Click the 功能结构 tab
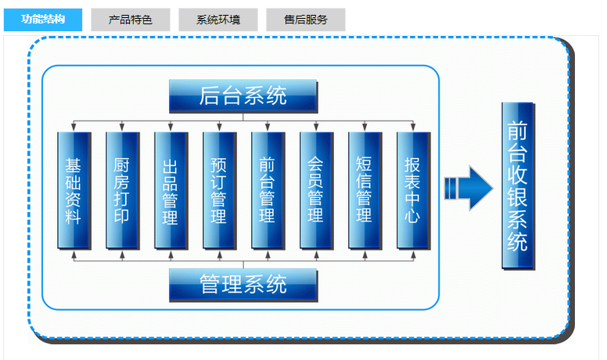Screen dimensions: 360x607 click(x=43, y=20)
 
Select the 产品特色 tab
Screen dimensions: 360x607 click(x=130, y=20)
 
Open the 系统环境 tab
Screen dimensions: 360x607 click(x=217, y=20)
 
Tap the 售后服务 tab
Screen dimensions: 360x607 click(x=306, y=20)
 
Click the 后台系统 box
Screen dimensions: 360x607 click(x=243, y=96)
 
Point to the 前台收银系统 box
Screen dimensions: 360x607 click(x=517, y=186)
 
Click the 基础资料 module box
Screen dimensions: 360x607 click(x=74, y=190)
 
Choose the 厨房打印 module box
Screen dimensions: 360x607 click(x=122, y=190)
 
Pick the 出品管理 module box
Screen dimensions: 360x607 click(x=171, y=190)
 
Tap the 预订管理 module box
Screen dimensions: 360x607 click(x=219, y=190)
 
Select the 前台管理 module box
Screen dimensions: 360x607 click(x=268, y=190)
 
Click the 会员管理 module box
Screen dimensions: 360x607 click(x=316, y=190)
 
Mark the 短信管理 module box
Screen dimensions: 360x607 click(x=365, y=190)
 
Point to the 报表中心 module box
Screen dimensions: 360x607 click(x=413, y=190)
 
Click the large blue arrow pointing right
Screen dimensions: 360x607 click(x=469, y=188)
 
